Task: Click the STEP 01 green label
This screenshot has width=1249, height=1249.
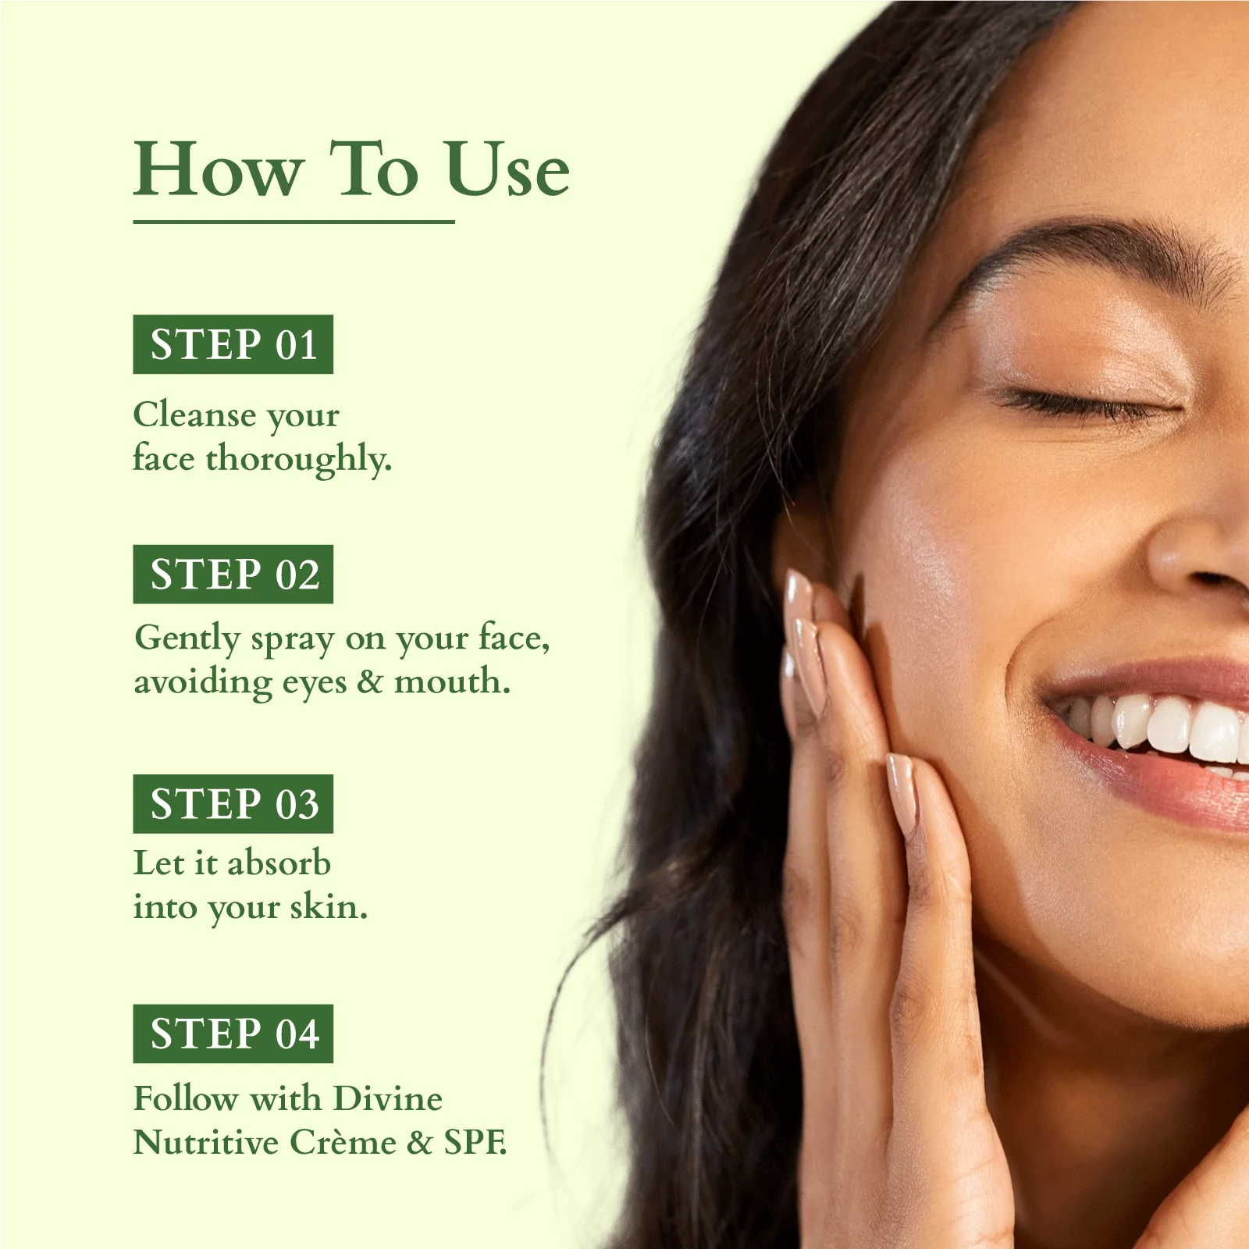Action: (x=233, y=344)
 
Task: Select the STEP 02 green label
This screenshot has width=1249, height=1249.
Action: (x=233, y=574)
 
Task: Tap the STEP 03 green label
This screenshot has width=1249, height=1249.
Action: (x=233, y=804)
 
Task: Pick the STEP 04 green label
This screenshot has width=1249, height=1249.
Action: (x=233, y=1034)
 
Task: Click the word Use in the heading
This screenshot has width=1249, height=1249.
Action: (x=507, y=169)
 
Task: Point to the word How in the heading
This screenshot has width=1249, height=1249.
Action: (x=217, y=169)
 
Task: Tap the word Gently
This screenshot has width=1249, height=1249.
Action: (x=187, y=639)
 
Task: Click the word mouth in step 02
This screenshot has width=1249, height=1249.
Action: (x=452, y=681)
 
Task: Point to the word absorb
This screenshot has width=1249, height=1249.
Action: (x=279, y=863)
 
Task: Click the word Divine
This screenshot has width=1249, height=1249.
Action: (x=387, y=1098)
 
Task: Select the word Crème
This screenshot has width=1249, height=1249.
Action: (x=343, y=1142)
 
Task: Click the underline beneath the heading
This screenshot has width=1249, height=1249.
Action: (x=294, y=222)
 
